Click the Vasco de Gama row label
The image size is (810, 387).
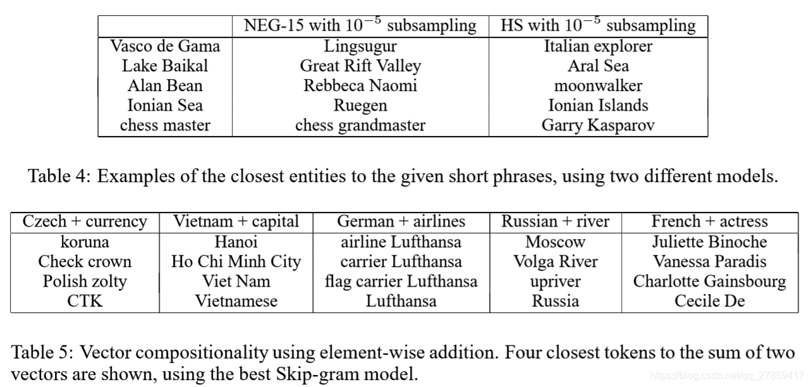[165, 46]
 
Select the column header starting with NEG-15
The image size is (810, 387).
[360, 26]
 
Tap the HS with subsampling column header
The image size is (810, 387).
[598, 26]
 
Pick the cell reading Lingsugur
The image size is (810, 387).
[360, 46]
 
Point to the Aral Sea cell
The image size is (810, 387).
[598, 66]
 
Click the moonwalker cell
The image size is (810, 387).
[598, 85]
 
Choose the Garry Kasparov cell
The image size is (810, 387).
[598, 125]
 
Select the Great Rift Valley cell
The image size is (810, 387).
[360, 66]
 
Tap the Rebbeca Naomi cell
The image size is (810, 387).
[360, 85]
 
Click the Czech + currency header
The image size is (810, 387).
[85, 221]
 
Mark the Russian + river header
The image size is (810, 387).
[555, 221]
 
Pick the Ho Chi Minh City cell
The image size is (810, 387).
[236, 261]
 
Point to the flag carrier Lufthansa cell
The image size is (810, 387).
[401, 281]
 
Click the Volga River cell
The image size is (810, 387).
[555, 261]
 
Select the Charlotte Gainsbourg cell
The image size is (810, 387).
[710, 281]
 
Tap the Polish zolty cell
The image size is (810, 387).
[85, 281]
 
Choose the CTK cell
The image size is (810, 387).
[85, 301]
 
